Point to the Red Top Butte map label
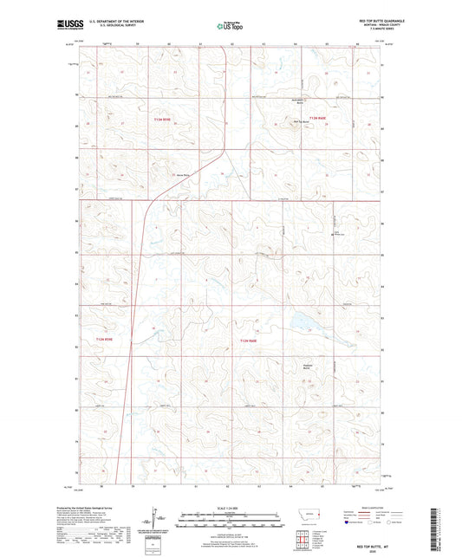coord(299,122)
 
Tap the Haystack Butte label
coord(306,365)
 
